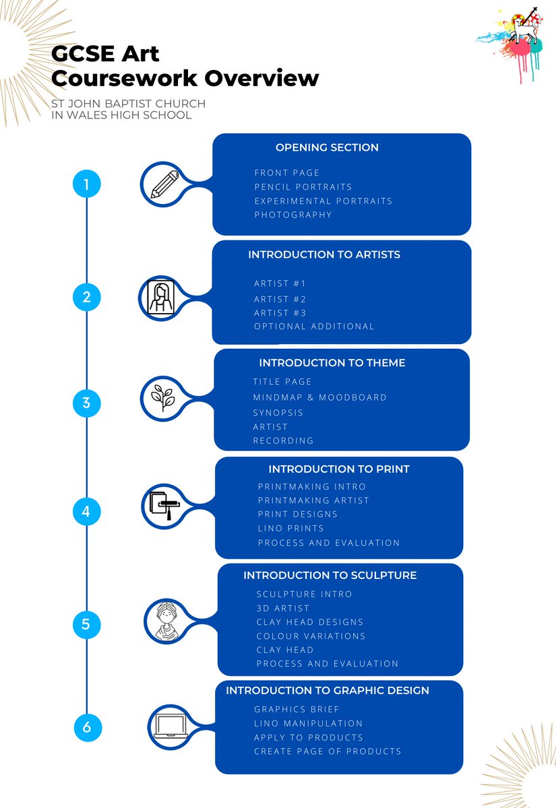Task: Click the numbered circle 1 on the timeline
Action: pyautogui.click(x=87, y=184)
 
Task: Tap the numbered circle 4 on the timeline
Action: pyautogui.click(x=86, y=511)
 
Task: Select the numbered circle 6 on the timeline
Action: pyautogui.click(x=88, y=727)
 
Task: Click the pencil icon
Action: pyautogui.click(x=164, y=184)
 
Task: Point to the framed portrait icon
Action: pyautogui.click(x=161, y=297)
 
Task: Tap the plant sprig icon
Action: pyautogui.click(x=163, y=398)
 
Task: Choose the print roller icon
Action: pyautogui.click(x=164, y=506)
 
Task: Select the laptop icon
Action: pyautogui.click(x=171, y=727)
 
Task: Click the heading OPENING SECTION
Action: pyautogui.click(x=327, y=147)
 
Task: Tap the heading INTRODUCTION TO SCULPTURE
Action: pyautogui.click(x=330, y=575)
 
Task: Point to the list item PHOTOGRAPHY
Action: pyautogui.click(x=293, y=215)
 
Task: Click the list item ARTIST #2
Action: pyautogui.click(x=280, y=299)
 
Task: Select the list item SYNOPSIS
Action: pyautogui.click(x=278, y=413)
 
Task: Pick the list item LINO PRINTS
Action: pyautogui.click(x=290, y=529)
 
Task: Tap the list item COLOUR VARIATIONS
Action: pyautogui.click(x=311, y=636)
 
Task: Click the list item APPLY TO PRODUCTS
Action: pyautogui.click(x=309, y=737)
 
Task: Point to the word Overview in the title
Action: pyautogui.click(x=261, y=78)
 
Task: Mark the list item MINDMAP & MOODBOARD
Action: pyautogui.click(x=320, y=397)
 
